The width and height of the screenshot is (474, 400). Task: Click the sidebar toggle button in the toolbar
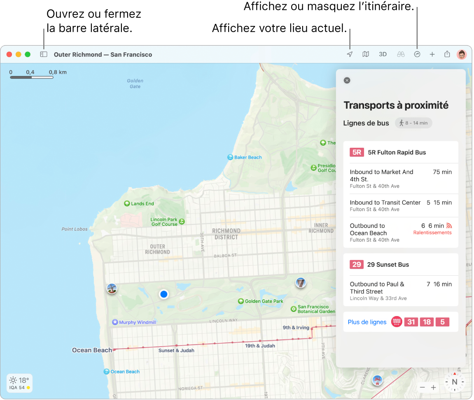click(44, 54)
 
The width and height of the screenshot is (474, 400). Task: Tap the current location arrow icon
click(350, 54)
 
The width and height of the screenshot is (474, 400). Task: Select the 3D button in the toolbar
click(383, 54)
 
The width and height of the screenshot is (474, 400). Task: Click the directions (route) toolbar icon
click(417, 54)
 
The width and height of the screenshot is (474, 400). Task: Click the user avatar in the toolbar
click(462, 54)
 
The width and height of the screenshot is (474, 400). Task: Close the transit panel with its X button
click(347, 80)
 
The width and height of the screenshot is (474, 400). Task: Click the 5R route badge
click(357, 152)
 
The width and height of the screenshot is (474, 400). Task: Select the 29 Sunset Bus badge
click(357, 265)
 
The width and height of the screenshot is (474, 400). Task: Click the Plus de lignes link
click(367, 322)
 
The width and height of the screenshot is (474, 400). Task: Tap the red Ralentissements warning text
click(432, 233)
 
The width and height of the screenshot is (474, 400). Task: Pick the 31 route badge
click(411, 322)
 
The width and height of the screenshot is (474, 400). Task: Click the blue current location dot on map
click(164, 294)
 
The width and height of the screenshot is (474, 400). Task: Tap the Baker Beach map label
click(248, 157)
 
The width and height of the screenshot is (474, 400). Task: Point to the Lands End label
click(142, 203)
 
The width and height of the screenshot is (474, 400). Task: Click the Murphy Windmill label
click(137, 322)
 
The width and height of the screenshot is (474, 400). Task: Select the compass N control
click(455, 382)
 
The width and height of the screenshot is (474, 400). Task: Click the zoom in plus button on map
click(433, 387)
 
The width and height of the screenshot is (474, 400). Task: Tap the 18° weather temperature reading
click(23, 380)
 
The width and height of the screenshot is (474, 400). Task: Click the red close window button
click(9, 54)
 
